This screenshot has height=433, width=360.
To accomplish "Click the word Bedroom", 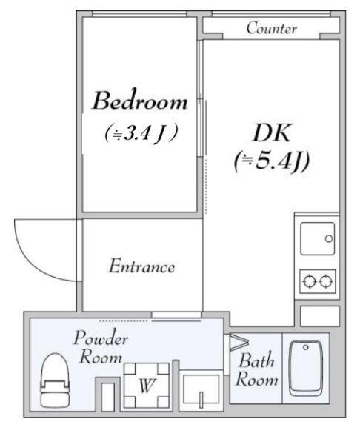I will (x=140, y=101).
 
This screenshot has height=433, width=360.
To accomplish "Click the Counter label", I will (x=271, y=29).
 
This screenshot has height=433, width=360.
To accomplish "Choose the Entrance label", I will (x=141, y=266).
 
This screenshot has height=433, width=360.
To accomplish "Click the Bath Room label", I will (x=257, y=371).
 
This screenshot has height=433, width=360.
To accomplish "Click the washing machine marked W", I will (x=146, y=385).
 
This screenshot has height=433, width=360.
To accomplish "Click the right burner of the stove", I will (x=327, y=281).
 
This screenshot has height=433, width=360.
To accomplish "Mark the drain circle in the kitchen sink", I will (x=328, y=238).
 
